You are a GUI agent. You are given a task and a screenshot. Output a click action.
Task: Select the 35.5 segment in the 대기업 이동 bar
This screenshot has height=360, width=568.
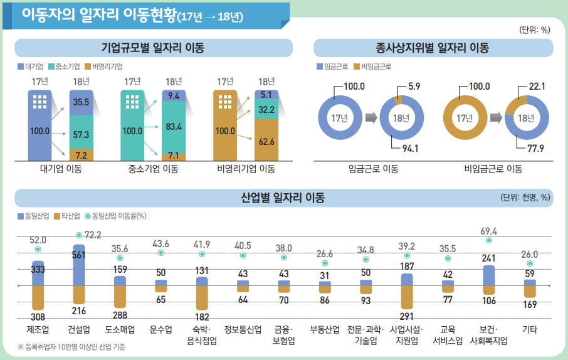tap(80, 102)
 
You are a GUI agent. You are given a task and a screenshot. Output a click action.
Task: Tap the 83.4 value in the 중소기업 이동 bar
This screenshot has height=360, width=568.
tap(174, 127)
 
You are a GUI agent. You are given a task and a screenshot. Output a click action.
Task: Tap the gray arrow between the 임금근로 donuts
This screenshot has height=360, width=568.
tap(371, 117)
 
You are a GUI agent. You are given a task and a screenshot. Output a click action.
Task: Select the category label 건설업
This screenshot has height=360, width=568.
tap(79, 329)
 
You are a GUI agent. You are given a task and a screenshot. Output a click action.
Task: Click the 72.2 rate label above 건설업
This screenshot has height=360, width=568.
tap(93, 235)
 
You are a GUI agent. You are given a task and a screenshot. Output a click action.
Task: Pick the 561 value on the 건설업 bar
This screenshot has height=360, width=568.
tap(79, 255)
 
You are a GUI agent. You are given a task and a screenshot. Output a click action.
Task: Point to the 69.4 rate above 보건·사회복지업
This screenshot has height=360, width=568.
tap(488, 231)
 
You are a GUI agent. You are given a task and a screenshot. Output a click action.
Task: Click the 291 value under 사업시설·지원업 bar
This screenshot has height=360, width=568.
tap(407, 317)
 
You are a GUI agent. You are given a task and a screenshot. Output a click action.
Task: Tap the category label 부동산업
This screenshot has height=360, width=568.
tap(325, 329)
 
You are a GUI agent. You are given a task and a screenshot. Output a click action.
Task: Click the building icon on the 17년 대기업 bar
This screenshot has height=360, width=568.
tap(40, 101)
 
